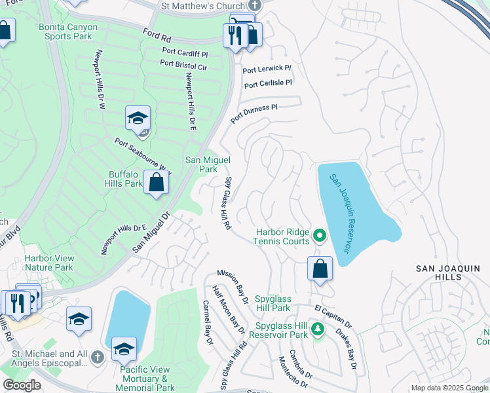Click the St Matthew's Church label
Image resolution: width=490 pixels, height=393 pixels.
pyautogui.click(x=204, y=5)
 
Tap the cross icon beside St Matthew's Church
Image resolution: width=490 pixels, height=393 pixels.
pyautogui.click(x=257, y=5)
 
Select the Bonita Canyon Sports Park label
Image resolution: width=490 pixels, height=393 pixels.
pyautogui.click(x=68, y=32)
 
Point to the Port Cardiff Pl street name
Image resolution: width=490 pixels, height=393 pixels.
pyautogui.click(x=186, y=54)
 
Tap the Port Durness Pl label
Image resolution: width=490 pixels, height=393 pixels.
pyautogui.click(x=254, y=111)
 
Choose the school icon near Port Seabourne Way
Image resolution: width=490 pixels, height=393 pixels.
pyautogui.click(x=138, y=119)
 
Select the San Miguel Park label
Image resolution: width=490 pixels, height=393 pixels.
pyautogui.click(x=208, y=164)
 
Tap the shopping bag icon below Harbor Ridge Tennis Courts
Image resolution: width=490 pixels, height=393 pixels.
pyautogui.click(x=320, y=269)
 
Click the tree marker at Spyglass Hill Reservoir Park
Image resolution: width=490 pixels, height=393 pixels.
pyautogui.click(x=317, y=329)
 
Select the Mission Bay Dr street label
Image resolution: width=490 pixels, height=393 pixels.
pyautogui.click(x=233, y=286)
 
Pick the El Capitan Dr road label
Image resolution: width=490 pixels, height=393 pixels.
pyautogui.click(x=333, y=316)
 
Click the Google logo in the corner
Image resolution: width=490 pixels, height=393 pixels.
pyautogui.click(x=22, y=385)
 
